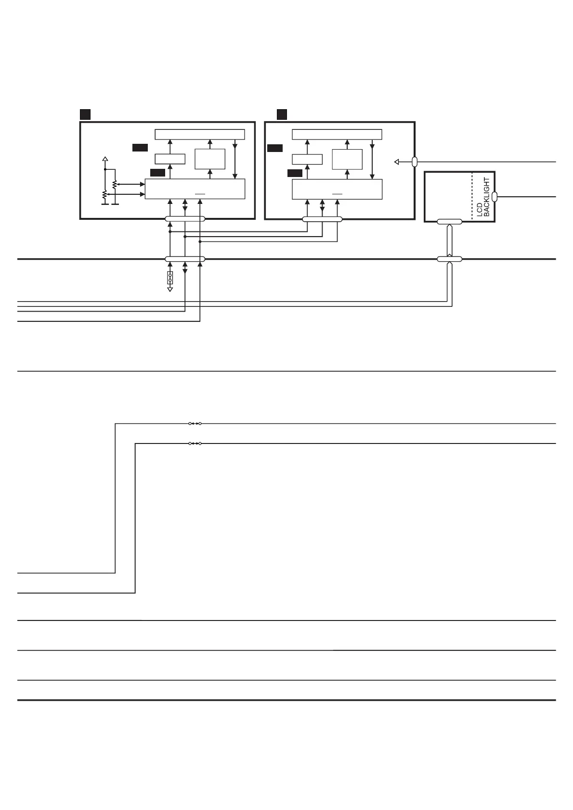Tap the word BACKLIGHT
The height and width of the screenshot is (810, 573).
486,197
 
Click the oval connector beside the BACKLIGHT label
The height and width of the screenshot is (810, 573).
495,196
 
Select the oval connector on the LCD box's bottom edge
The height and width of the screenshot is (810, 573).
449,222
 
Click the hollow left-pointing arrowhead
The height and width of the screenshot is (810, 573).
397,162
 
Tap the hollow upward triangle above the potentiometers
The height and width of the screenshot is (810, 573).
105,158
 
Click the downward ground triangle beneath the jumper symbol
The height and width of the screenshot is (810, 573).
170,289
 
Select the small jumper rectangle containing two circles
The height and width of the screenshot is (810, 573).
170,278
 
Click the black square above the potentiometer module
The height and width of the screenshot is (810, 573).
85,114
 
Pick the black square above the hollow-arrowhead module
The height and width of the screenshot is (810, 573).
282,114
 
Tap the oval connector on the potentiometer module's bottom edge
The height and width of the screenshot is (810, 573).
185,219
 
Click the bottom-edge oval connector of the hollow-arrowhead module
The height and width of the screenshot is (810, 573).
322,219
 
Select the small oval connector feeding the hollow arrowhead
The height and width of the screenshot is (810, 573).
415,162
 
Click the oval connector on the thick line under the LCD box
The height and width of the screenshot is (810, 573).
449,259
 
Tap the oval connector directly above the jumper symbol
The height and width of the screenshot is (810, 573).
185,259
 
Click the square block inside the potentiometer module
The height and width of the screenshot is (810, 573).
210,159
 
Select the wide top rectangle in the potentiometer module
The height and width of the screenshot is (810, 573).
200,134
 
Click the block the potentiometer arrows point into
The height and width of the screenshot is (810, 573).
195,189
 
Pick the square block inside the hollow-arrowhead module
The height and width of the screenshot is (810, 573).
347,159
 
